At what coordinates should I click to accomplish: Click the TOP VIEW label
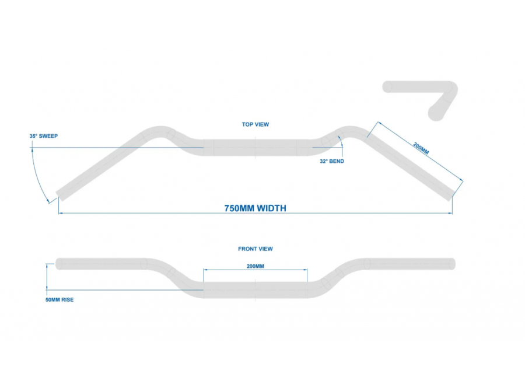click(x=256, y=124)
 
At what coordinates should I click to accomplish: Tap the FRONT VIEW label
click(x=256, y=249)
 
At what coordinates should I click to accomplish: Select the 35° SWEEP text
click(x=44, y=136)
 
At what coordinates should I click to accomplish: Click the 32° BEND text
click(x=332, y=161)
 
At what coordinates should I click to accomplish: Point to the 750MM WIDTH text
click(x=256, y=208)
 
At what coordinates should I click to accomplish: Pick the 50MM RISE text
click(x=60, y=300)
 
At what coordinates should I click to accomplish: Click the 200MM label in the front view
click(x=256, y=266)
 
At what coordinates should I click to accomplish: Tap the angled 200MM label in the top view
click(x=421, y=148)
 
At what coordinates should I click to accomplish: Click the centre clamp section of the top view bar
click(x=256, y=148)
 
